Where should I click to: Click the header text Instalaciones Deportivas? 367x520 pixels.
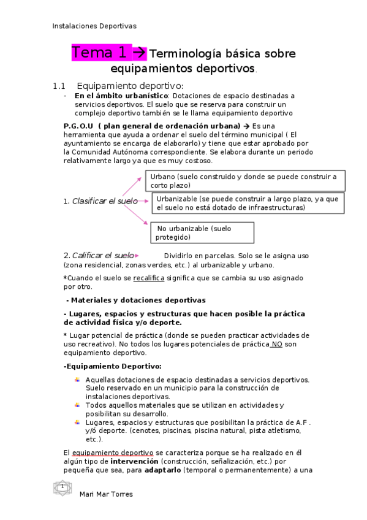[94, 26]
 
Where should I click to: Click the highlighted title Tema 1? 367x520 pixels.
[108, 53]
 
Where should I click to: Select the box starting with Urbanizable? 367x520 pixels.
[248, 203]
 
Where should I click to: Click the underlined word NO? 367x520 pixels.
[277, 344]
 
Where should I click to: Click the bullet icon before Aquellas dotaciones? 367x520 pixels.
[77, 380]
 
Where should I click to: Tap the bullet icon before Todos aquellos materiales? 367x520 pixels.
[77, 405]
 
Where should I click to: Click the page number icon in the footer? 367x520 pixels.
[62, 487]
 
